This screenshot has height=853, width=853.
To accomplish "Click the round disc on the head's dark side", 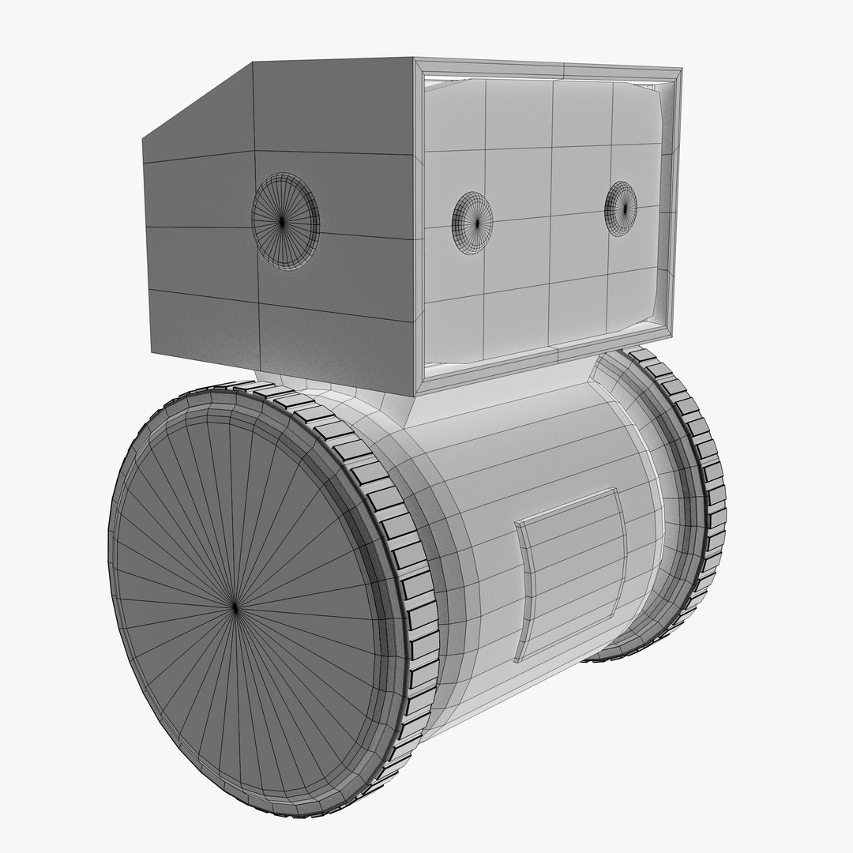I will (285, 222).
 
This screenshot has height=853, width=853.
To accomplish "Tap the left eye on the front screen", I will (472, 223).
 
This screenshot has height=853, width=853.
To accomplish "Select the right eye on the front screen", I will (621, 209).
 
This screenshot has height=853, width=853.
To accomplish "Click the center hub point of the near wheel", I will (235, 607).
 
